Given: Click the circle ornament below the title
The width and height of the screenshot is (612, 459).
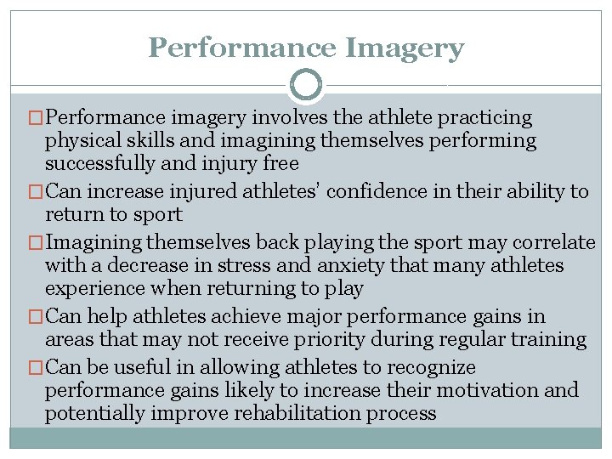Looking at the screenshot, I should (x=306, y=85).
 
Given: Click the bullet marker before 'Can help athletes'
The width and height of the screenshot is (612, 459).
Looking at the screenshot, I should (x=35, y=317).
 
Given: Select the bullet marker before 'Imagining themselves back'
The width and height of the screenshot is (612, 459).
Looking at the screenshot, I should (x=35, y=242).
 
